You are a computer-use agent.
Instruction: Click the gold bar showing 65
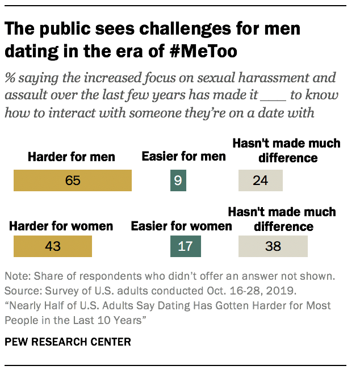(x=73, y=180)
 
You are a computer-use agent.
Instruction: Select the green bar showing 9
(x=178, y=180)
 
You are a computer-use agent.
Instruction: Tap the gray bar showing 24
(x=260, y=180)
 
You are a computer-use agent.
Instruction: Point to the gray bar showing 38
(x=273, y=247)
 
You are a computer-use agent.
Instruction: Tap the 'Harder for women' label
(x=61, y=226)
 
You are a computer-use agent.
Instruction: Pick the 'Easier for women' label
(x=181, y=226)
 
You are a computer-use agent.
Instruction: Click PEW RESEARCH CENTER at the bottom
(x=68, y=342)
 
